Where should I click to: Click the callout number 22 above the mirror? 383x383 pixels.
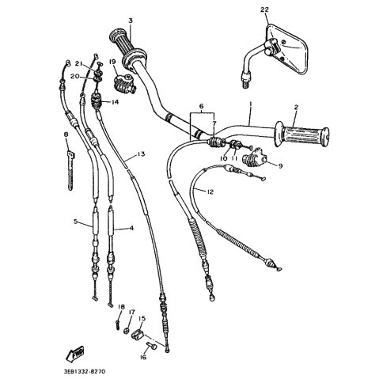(x=264, y=9)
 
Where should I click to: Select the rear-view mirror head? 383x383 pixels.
(x=286, y=49)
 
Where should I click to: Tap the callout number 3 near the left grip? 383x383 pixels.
(x=131, y=21)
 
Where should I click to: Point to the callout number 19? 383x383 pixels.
(x=112, y=62)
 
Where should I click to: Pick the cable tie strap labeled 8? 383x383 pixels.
(x=70, y=170)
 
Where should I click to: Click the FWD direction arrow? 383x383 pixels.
(x=75, y=353)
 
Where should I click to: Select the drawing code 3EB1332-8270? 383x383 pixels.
(x=84, y=371)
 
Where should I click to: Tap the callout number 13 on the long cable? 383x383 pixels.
(x=141, y=154)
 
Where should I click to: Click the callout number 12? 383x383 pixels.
(x=210, y=191)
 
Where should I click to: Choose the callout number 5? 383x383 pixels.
(x=76, y=222)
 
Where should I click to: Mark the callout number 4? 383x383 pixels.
(x=131, y=228)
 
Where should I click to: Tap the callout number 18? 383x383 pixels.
(x=121, y=307)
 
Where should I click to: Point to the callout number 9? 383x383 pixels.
(x=280, y=166)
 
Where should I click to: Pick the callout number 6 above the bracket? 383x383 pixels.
(x=201, y=106)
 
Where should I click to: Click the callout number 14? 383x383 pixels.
(x=115, y=102)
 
